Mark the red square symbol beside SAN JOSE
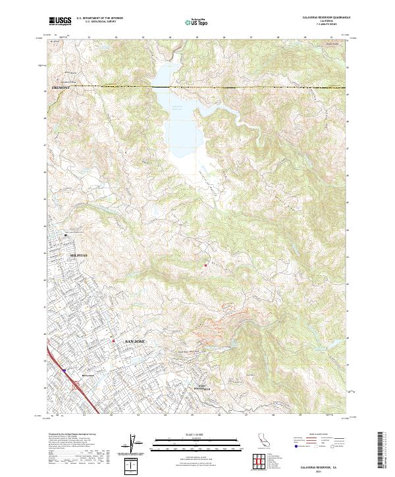(x=113, y=341)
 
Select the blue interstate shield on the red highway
(x=65, y=370)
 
